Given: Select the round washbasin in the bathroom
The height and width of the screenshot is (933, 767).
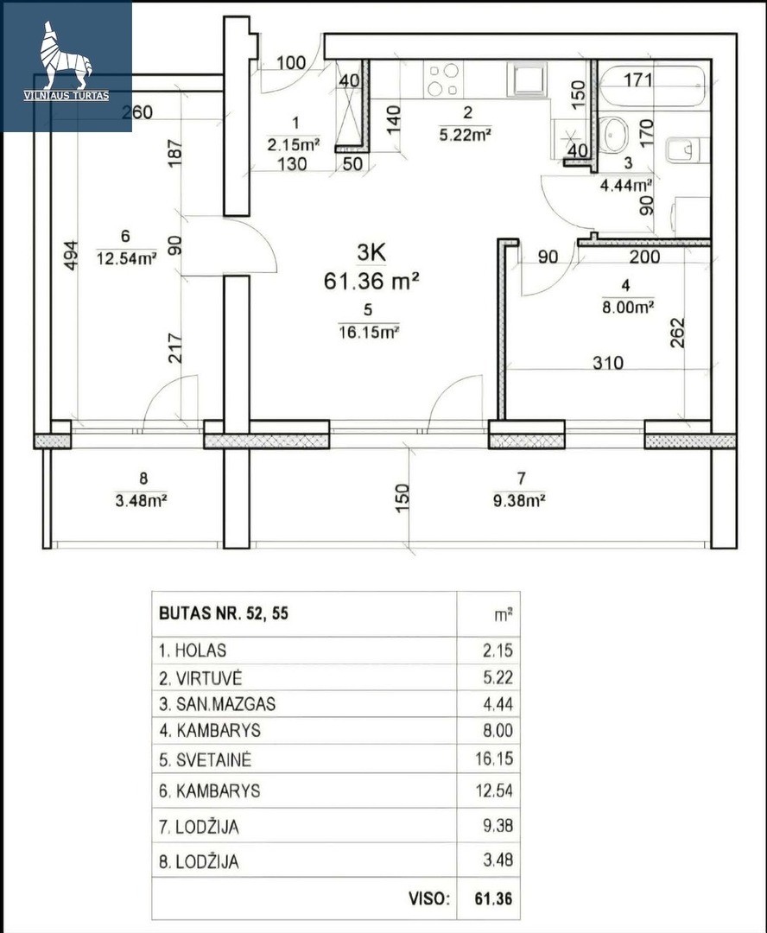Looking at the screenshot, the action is click(613, 135).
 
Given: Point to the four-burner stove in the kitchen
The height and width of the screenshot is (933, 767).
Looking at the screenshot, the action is click(443, 79).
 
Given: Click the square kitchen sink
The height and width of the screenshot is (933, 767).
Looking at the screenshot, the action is click(527, 79).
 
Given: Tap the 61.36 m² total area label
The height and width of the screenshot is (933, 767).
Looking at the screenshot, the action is click(372, 279).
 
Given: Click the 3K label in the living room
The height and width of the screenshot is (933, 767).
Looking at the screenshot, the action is click(371, 253).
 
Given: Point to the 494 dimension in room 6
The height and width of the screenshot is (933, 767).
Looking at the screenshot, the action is click(70, 255).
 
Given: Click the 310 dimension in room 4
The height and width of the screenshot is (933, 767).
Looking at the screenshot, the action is click(607, 362).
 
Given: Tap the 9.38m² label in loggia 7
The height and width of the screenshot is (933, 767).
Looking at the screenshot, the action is click(519, 500).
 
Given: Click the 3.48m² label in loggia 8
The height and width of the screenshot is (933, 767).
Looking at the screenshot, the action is click(141, 500).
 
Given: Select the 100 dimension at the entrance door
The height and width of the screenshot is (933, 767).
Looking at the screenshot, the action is click(291, 62).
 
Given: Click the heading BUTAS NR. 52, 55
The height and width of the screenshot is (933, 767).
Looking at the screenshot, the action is click(224, 613).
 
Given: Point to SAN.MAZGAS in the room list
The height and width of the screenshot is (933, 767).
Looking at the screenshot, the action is click(225, 704).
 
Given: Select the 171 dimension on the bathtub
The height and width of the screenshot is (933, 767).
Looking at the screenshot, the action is click(637, 79).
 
